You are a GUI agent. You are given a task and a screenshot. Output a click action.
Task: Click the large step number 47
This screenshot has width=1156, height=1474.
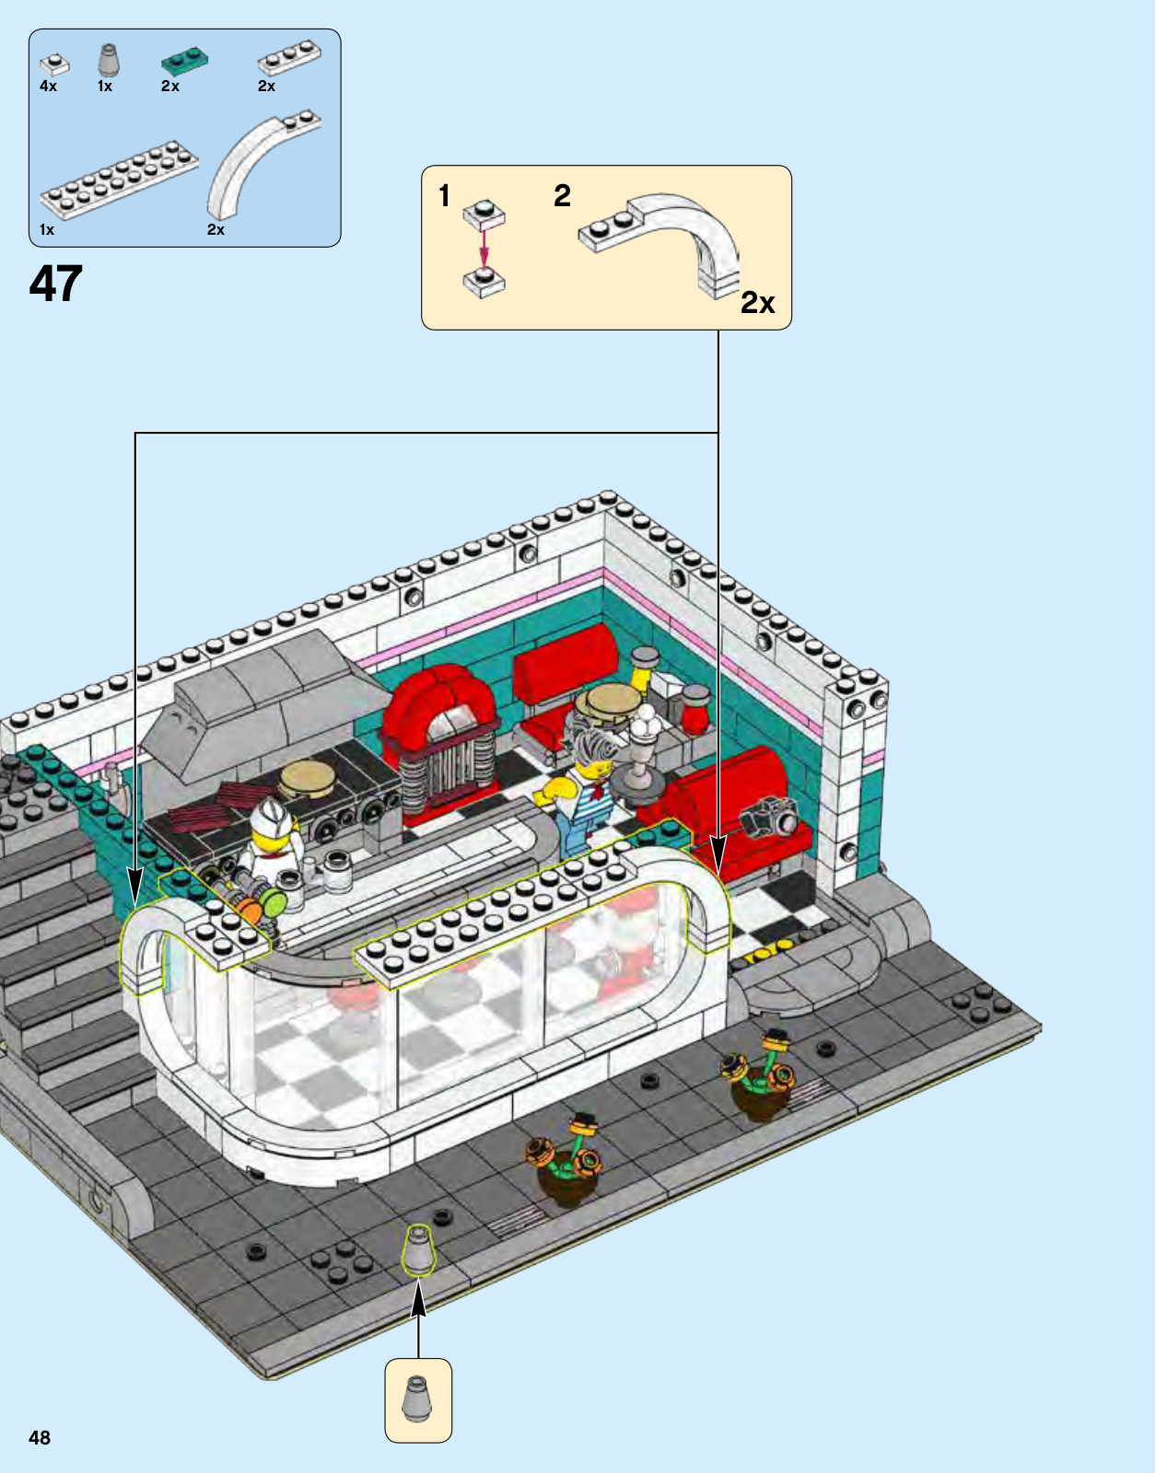55,284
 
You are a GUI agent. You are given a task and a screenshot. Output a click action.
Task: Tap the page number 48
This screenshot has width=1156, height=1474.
40,1437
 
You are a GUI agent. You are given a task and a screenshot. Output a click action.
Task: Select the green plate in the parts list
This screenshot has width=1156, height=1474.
184,61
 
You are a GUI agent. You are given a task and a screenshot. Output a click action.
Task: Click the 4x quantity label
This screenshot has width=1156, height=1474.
48,87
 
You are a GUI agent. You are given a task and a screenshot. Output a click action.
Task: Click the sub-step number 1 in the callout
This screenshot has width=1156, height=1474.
444,196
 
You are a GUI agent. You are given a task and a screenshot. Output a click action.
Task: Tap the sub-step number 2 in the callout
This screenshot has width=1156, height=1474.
563,196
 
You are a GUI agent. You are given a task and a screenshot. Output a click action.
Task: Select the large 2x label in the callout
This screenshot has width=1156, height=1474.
757,303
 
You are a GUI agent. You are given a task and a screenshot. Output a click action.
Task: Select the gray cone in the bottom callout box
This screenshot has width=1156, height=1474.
418,1399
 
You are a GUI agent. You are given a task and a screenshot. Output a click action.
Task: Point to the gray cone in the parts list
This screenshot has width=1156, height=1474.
109,60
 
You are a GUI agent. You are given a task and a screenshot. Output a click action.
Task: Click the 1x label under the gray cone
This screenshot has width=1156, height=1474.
104,87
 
